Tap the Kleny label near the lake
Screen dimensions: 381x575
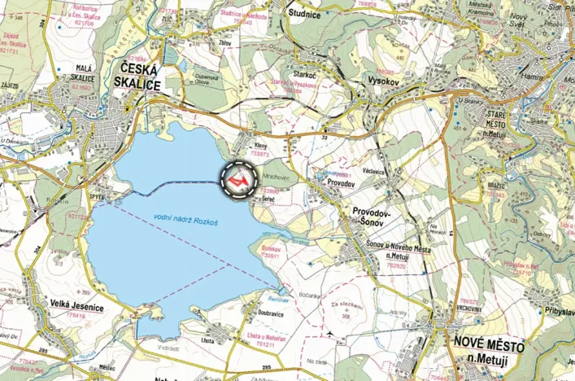pyautogui.click(x=260, y=146)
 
